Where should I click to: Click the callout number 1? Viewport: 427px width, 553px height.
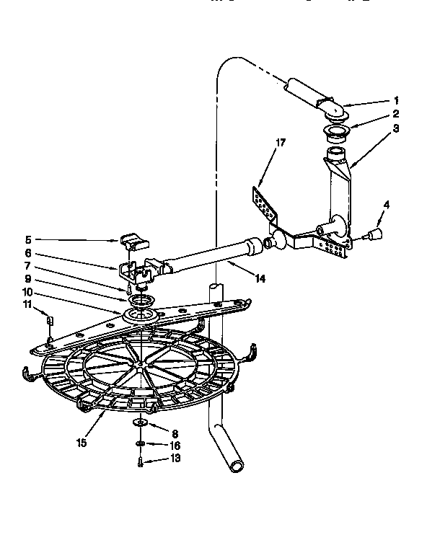pos(396,100)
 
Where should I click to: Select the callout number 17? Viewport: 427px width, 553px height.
pos(281,143)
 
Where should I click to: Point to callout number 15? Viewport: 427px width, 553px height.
pos(81,442)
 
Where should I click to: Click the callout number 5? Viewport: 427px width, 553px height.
pos(27,240)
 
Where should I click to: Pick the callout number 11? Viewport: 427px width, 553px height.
pos(27,306)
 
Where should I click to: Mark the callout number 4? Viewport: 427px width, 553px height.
pos(386,205)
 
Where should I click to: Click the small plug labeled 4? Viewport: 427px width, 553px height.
pos(374,233)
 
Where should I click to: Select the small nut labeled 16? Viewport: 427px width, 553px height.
pos(139,443)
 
